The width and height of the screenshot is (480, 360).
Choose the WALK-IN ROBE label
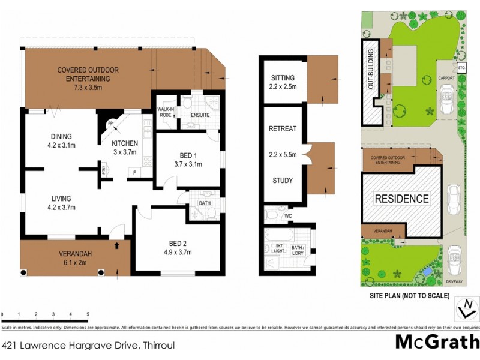click(x=165, y=112)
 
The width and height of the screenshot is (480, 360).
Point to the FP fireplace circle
click(x=110, y=124)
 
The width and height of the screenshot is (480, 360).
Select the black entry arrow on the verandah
click(x=116, y=246)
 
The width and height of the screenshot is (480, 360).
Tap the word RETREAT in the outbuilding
click(x=283, y=128)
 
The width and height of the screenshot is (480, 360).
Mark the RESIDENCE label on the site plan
click(x=402, y=199)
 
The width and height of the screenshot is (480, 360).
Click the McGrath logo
click(x=437, y=342)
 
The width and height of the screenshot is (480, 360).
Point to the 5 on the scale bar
click(x=88, y=314)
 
